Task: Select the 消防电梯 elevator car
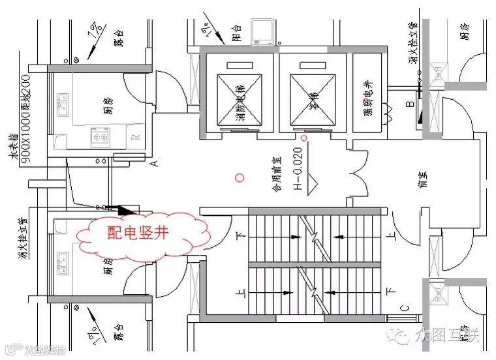click(x=240, y=97)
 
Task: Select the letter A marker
click(x=155, y=163)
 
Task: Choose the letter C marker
click(x=405, y=308)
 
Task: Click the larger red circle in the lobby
click(x=240, y=177)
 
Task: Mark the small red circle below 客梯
click(x=304, y=139)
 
